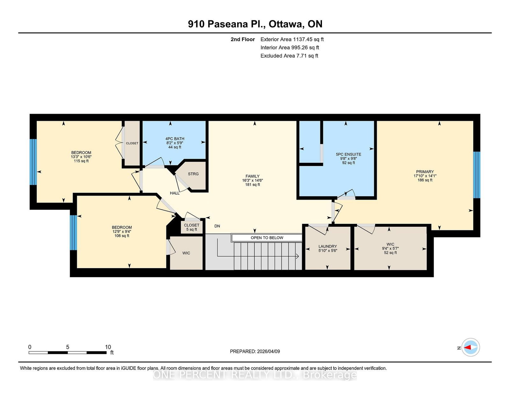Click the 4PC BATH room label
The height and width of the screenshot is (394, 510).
point(175,139)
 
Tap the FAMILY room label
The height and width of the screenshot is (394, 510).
point(252,176)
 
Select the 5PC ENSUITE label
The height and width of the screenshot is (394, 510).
point(348,154)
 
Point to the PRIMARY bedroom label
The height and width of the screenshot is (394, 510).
point(425,172)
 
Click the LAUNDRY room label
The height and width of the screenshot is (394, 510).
point(328,246)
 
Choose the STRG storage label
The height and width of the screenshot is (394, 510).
point(193,174)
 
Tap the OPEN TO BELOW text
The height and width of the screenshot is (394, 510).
point(267,238)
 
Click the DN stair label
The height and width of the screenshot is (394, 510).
point(217,226)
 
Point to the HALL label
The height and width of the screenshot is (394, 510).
point(175,193)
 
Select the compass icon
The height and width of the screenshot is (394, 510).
point(470,347)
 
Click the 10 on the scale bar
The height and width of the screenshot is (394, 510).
point(108,347)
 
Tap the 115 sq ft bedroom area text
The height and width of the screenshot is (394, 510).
point(81,161)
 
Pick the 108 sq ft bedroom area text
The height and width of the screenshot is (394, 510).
point(122,236)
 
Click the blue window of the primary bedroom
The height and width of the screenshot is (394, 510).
point(477,175)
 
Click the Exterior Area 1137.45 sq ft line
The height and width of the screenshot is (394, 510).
point(292,39)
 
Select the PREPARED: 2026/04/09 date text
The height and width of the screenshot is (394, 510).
point(255,351)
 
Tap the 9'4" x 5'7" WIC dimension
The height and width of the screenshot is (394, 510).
point(390,248)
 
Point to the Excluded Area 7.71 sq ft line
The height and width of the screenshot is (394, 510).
point(289,56)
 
